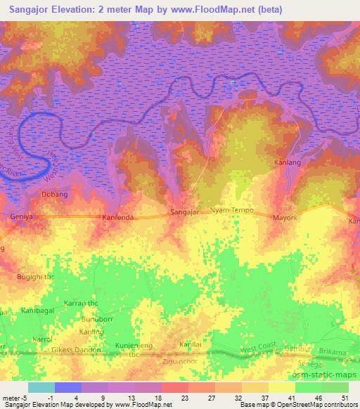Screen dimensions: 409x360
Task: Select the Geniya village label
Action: point(22,217)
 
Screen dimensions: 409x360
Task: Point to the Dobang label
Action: point(55,194)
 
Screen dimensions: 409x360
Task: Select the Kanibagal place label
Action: point(27,310)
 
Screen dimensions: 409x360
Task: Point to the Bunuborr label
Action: point(97,318)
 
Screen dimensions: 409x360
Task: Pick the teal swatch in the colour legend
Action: point(41,387)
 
